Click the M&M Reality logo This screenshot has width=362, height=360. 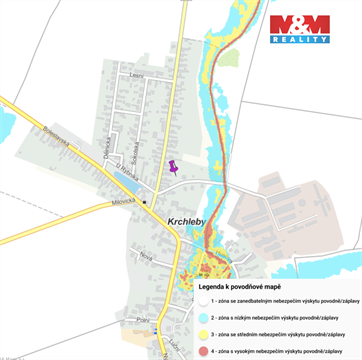click(300, 29)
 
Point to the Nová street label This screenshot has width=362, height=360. click(146, 256)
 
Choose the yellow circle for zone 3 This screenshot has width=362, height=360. click(200, 333)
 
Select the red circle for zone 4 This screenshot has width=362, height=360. click(200, 352)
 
